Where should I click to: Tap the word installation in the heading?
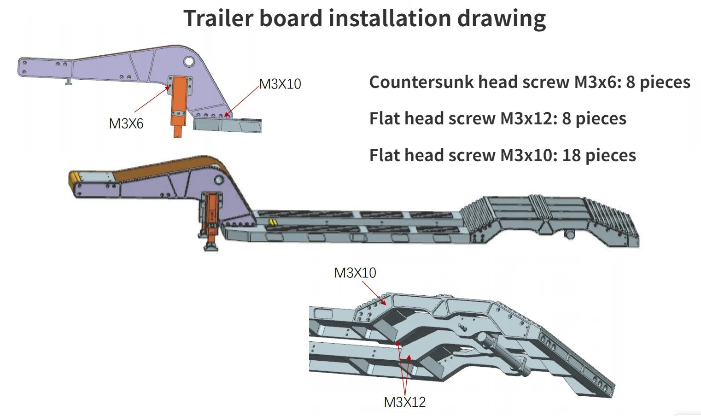pos(389,18)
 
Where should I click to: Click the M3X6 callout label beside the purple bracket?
pos(126,123)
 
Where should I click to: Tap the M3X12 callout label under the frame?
pos(404,402)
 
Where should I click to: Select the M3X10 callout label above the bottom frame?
pos(355,273)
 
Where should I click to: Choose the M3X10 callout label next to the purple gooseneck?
pos(280,84)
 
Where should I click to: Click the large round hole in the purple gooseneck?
pos(189,61)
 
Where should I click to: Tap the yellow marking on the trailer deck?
pos(273,223)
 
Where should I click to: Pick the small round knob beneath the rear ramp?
pos(570,235)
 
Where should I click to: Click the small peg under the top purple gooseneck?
pos(69,82)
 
